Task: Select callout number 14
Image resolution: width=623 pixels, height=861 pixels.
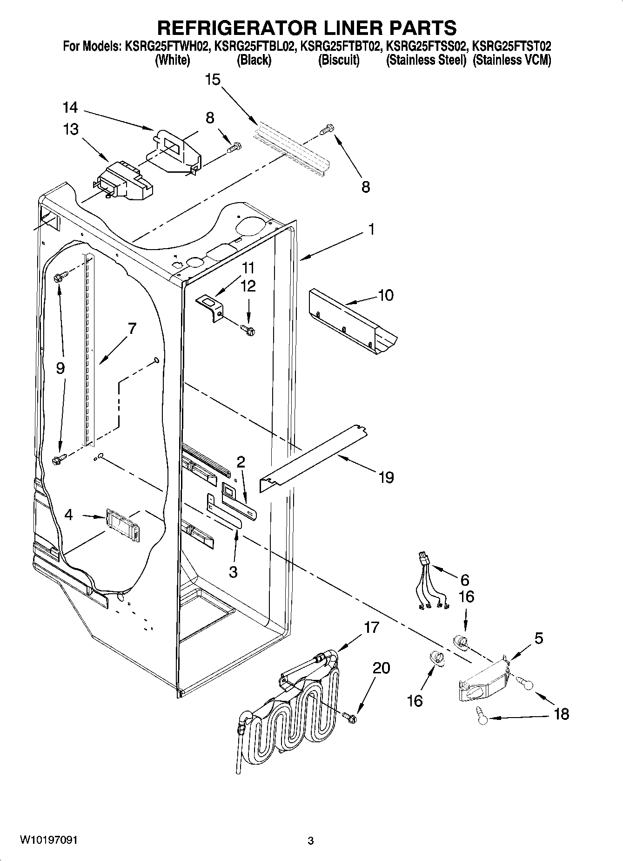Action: click(x=70, y=108)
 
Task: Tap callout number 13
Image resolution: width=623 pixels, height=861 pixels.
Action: click(x=71, y=129)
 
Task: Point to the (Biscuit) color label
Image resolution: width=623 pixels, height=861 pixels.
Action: click(x=339, y=60)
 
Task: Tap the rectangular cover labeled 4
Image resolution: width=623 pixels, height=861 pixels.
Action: click(x=123, y=525)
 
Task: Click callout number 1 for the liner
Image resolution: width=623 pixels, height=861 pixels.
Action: click(x=371, y=230)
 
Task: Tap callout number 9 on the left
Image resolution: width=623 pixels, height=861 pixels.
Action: click(x=60, y=368)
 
